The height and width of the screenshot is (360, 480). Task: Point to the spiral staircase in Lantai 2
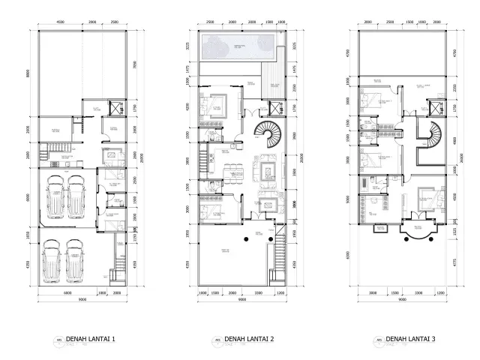pos(265,136)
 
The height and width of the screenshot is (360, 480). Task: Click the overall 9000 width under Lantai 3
pos(403,298)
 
